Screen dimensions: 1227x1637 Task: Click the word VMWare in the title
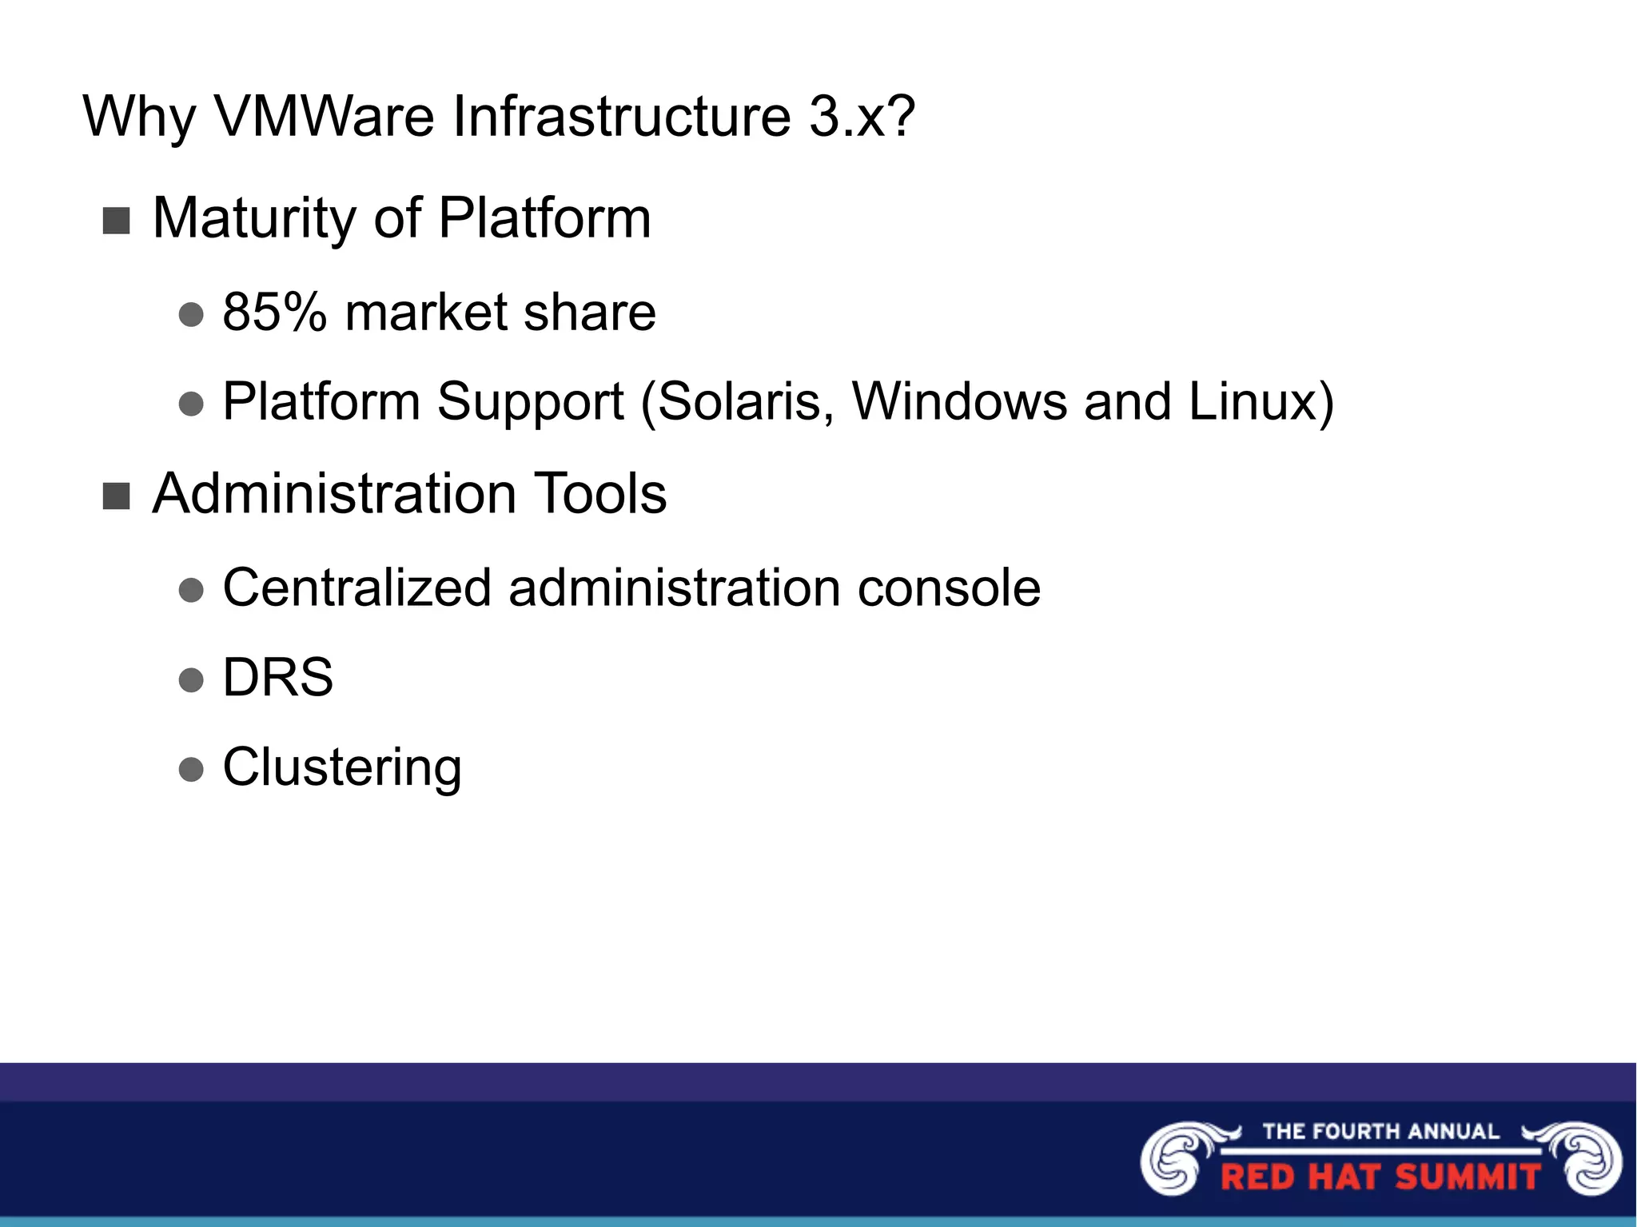click(x=324, y=118)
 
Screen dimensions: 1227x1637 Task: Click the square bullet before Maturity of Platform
click(x=117, y=221)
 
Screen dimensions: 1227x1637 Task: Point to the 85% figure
click(x=274, y=312)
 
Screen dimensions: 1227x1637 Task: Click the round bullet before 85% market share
click(x=191, y=314)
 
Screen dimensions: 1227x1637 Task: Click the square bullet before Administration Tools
click(x=117, y=496)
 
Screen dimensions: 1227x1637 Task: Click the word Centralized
click(x=356, y=588)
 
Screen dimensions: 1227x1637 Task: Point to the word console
click(x=949, y=588)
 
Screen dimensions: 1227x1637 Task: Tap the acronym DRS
click(x=277, y=678)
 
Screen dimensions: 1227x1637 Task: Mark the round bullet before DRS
click(x=191, y=680)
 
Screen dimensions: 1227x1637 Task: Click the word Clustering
click(x=342, y=767)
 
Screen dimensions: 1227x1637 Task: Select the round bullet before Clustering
click(x=191, y=770)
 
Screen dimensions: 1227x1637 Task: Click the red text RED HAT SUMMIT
click(x=1380, y=1177)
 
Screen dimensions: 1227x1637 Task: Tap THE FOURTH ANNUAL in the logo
click(x=1380, y=1131)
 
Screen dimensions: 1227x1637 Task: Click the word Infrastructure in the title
click(x=623, y=118)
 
